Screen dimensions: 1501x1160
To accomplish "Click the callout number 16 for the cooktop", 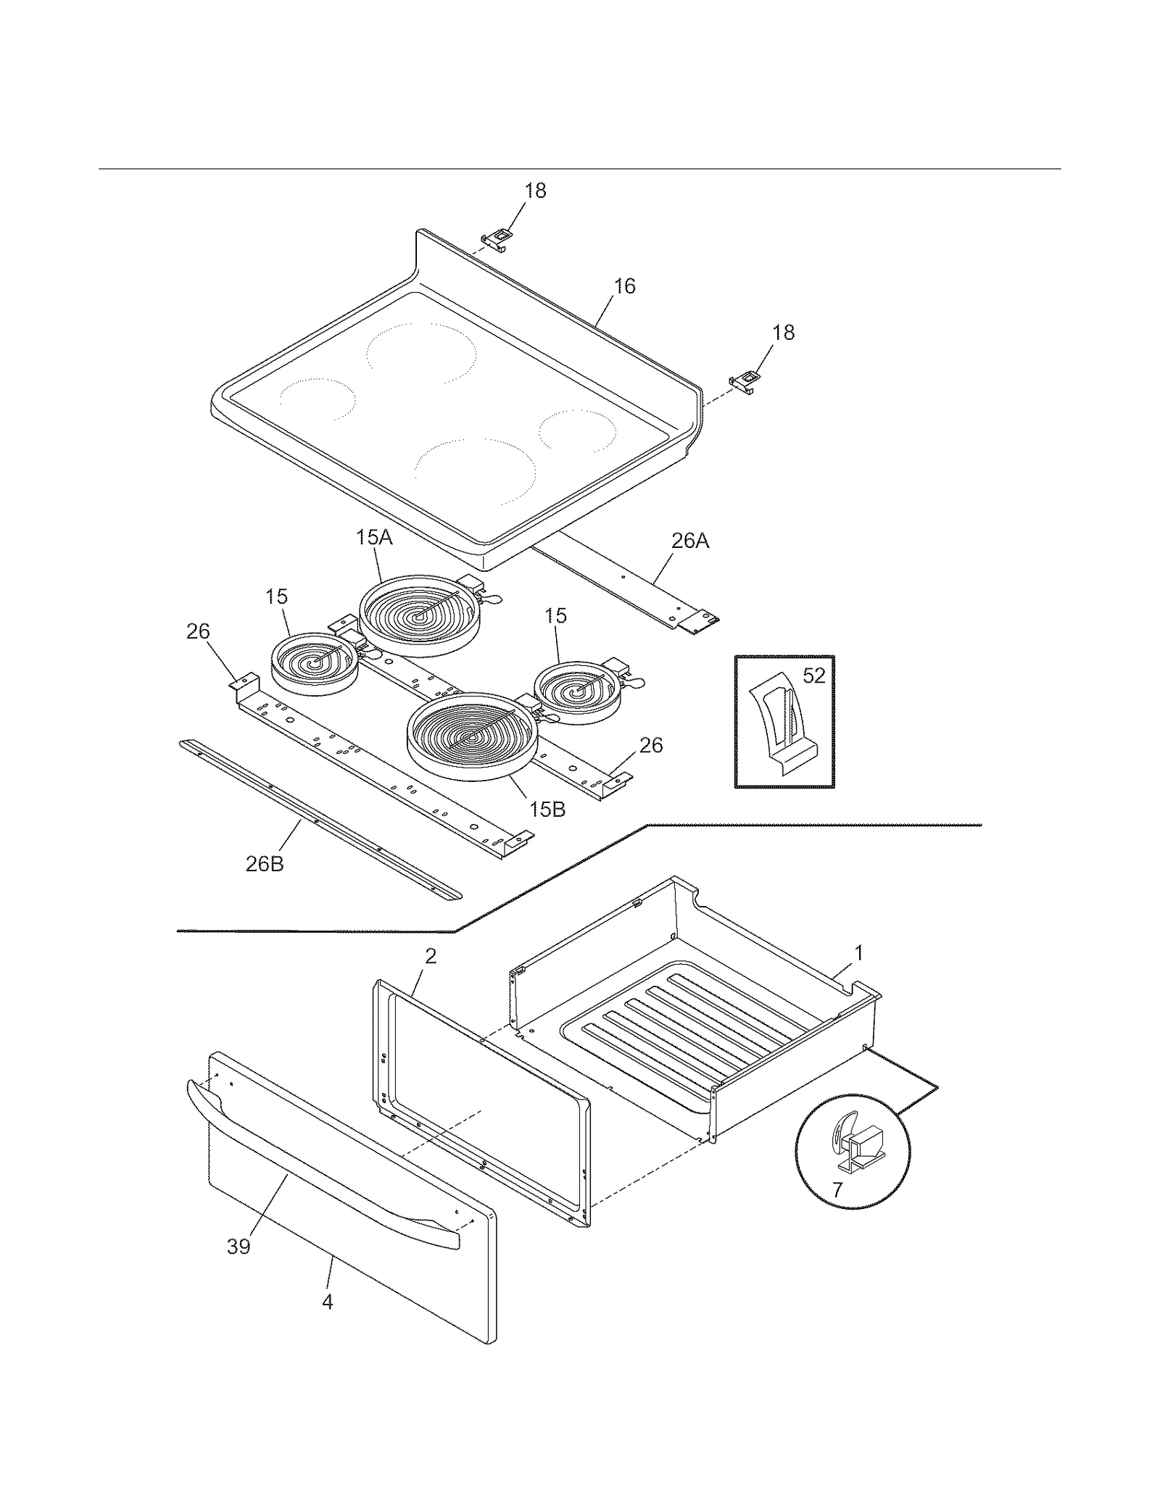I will point(624,286).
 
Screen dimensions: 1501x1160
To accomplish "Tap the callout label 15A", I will point(374,538).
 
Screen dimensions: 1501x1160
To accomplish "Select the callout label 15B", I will point(547,810).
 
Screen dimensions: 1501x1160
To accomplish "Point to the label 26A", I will point(689,541).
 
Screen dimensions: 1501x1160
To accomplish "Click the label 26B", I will point(265,864).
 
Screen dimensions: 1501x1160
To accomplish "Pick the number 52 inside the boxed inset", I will point(814,675).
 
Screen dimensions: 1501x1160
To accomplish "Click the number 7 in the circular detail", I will point(837,1190).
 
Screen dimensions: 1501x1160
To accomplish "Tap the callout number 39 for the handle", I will point(239,1247).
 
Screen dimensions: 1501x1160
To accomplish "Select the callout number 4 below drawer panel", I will point(328,1302).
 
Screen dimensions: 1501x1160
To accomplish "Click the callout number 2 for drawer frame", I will point(431,956).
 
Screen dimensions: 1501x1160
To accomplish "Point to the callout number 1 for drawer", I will point(859,953).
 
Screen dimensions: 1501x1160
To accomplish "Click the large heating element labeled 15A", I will point(419,616).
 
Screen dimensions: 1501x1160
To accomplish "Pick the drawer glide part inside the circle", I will point(855,1148).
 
